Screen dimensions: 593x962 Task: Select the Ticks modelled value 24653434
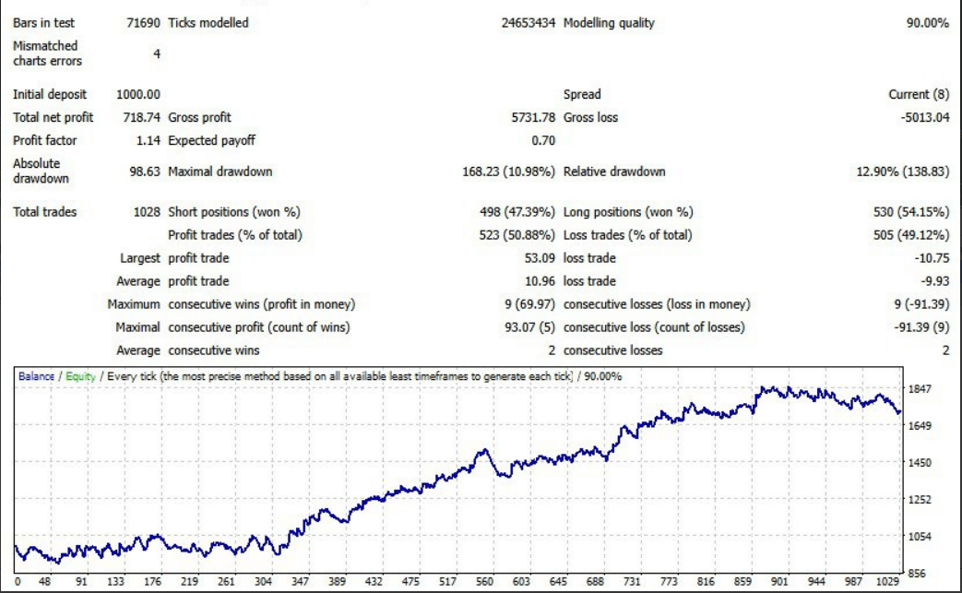click(529, 23)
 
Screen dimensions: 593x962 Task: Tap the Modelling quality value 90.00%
click(927, 23)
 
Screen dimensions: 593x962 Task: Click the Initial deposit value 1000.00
click(138, 94)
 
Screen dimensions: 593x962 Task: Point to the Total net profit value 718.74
click(142, 117)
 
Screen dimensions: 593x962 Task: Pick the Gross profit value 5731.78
click(532, 117)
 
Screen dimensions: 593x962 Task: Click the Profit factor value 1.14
click(148, 141)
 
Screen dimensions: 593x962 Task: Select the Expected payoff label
click(211, 141)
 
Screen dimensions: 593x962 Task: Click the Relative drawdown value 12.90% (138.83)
click(898, 172)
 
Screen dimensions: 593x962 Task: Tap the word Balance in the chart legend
click(37, 376)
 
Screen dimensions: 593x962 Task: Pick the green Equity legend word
click(80, 376)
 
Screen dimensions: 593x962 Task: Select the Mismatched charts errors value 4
click(156, 53)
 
